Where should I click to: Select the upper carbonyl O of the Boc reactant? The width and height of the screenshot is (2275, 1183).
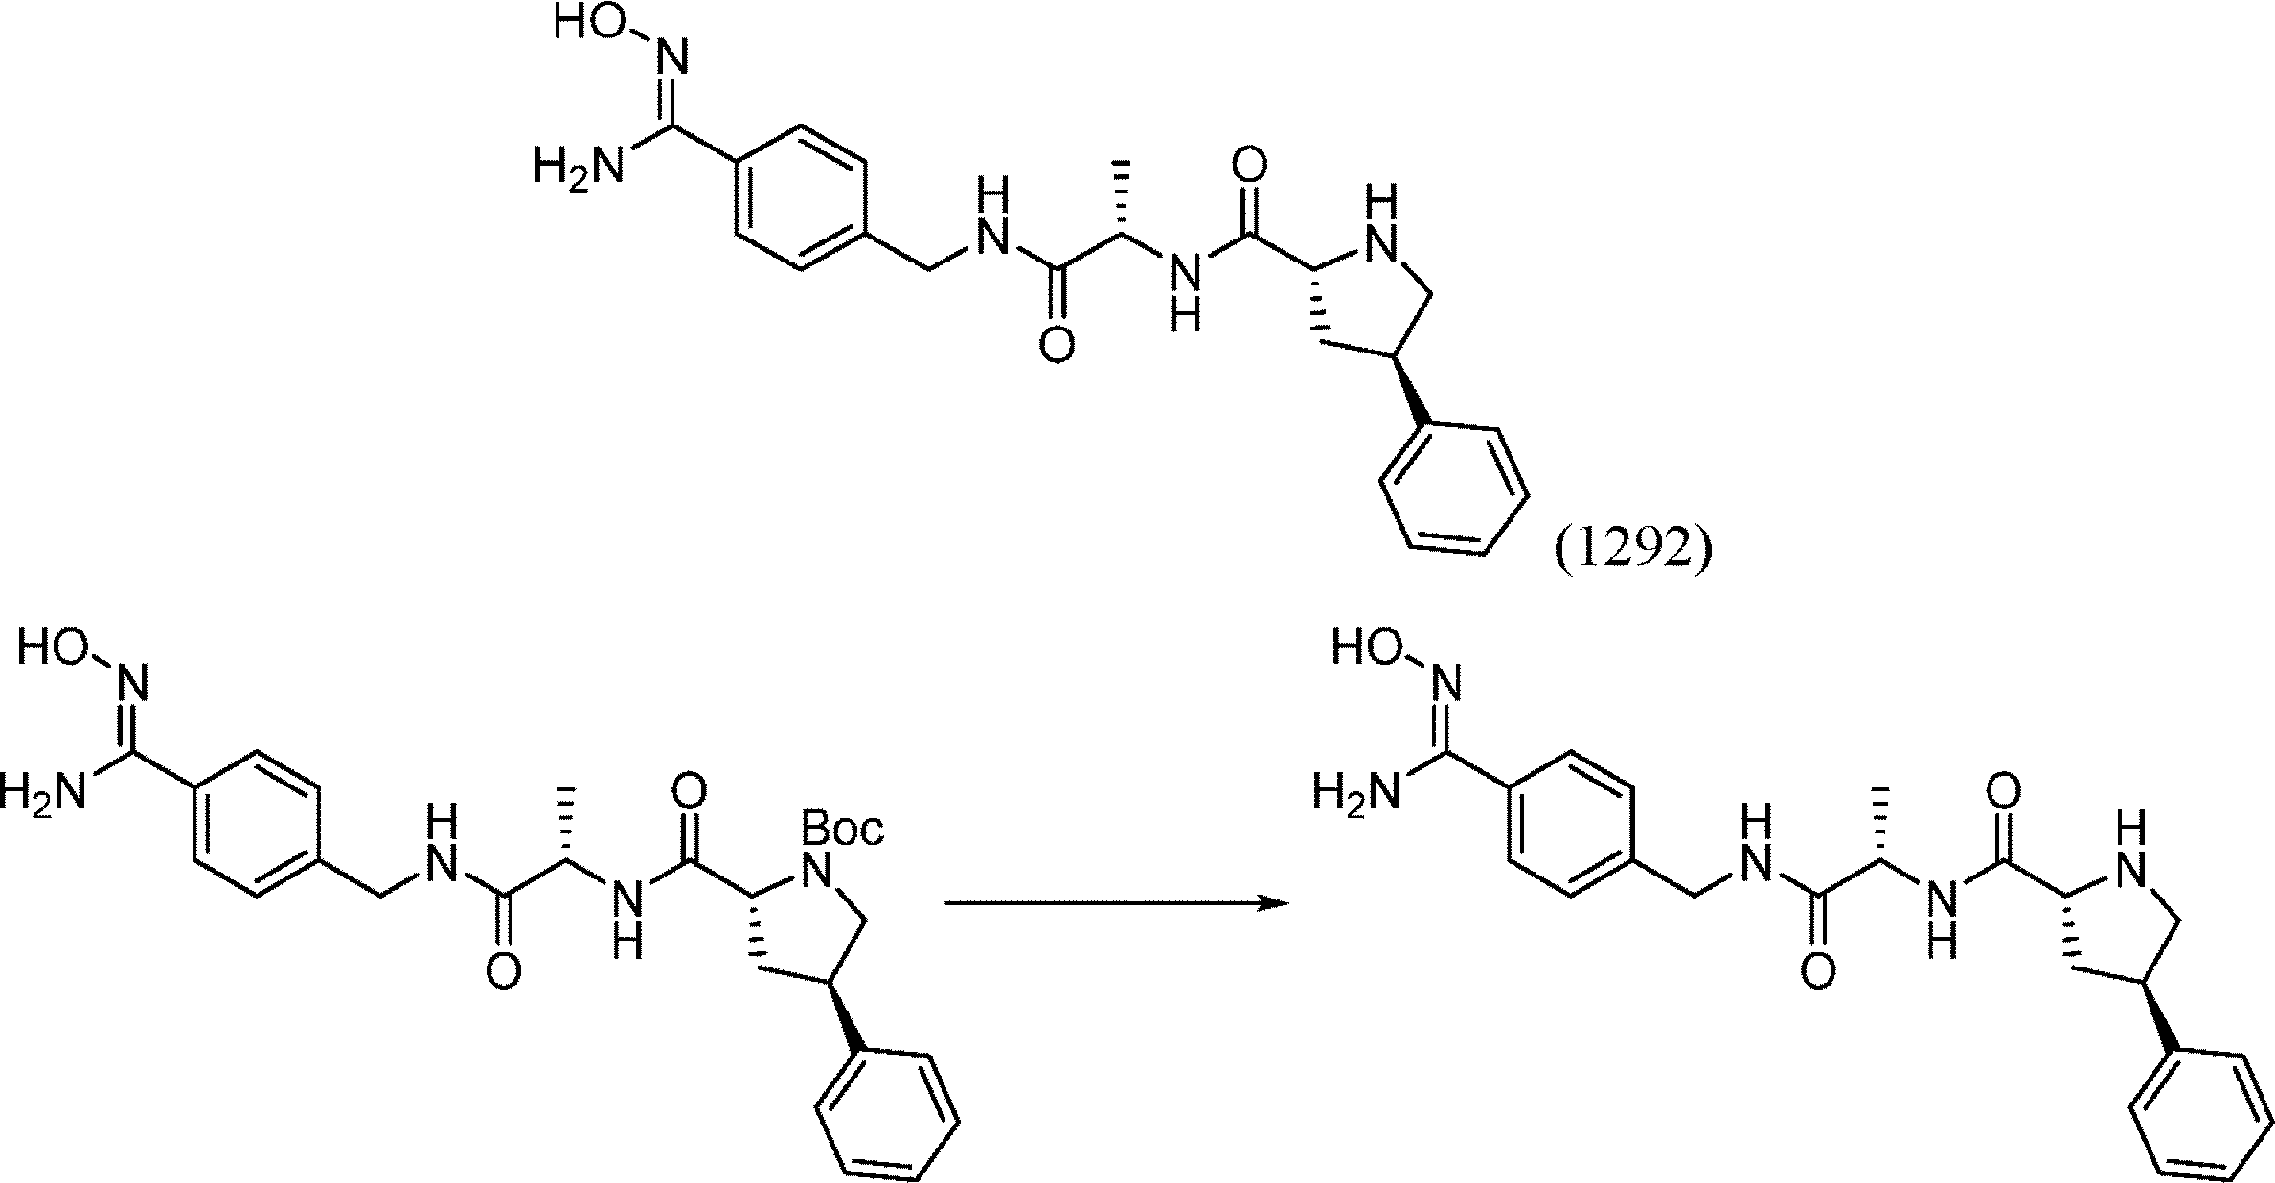(x=690, y=792)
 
